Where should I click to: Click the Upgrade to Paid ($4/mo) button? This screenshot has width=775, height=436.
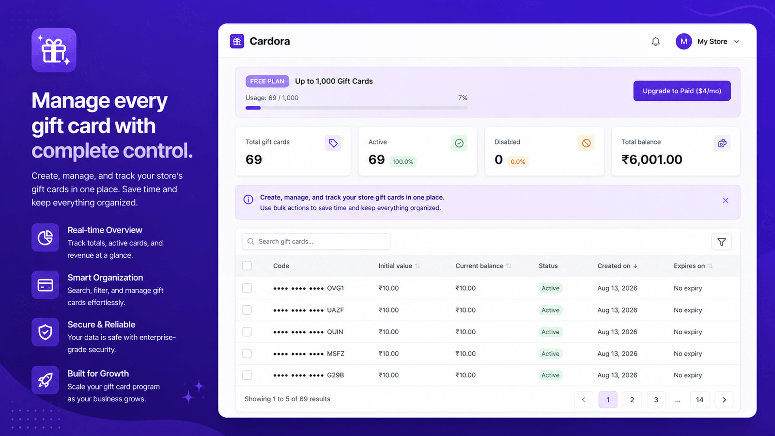tap(682, 91)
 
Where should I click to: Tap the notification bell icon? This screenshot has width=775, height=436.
tap(655, 42)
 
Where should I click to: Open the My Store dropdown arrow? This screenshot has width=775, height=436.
tap(737, 42)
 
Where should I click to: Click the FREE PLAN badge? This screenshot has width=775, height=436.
tap(267, 81)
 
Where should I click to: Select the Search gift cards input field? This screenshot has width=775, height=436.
tap(316, 242)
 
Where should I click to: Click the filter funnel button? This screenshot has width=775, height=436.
tap(721, 242)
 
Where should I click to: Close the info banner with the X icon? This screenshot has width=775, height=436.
tap(726, 201)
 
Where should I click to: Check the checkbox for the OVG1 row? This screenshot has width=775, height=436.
tap(247, 288)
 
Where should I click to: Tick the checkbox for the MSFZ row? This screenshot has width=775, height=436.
tap(247, 353)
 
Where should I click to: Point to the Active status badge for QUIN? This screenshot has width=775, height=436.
tap(550, 332)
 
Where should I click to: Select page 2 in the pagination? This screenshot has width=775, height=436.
tap(632, 400)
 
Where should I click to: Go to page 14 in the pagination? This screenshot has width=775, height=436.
tap(699, 400)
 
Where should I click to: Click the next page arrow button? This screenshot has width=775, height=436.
tap(724, 400)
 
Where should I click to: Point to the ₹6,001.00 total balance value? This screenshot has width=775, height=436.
tap(652, 159)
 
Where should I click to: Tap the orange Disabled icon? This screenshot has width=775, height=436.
tap(586, 143)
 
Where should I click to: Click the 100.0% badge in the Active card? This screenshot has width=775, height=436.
tap(403, 162)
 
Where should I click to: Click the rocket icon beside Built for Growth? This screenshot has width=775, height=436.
tap(46, 380)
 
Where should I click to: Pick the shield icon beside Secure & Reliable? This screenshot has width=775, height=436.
tap(46, 332)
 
